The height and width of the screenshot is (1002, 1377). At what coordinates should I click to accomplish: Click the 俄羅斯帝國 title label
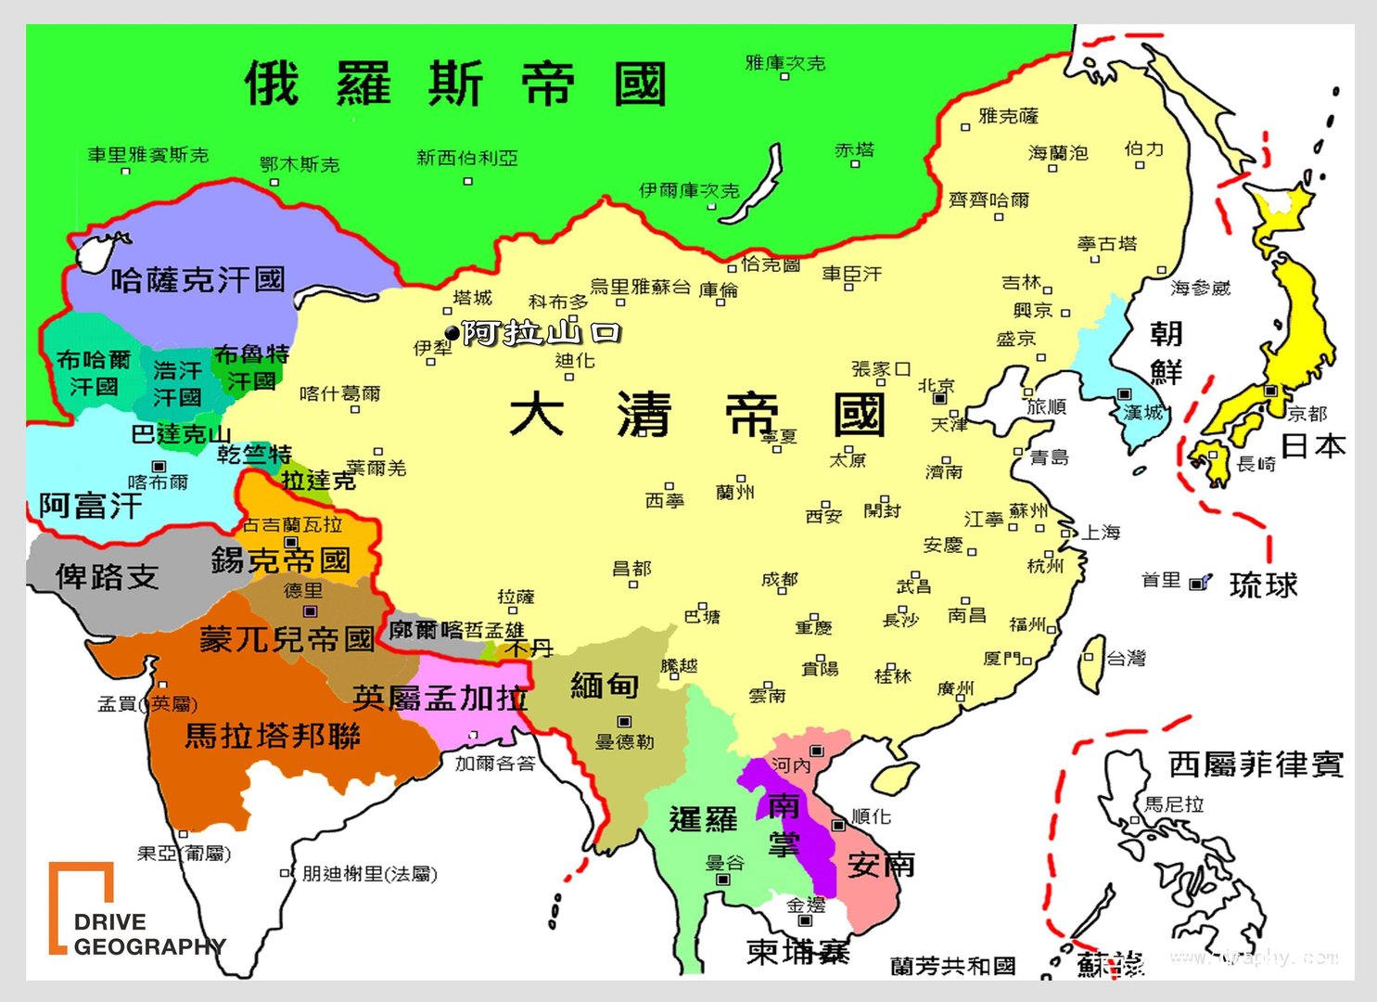455,83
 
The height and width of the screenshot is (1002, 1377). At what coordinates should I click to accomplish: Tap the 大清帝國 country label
696,414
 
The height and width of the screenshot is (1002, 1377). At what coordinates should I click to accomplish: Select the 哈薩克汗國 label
198,279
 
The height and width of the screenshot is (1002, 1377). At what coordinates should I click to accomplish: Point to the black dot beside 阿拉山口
452,332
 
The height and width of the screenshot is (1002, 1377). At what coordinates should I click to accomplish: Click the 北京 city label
937,385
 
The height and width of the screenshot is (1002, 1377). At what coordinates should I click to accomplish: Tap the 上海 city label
1101,532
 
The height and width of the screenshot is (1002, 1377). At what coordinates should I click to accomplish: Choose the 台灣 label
1127,658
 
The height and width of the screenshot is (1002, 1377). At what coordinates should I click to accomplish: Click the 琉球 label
1263,584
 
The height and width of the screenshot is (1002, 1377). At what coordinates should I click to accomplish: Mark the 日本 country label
1313,446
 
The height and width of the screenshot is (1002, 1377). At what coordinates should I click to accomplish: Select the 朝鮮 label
1166,353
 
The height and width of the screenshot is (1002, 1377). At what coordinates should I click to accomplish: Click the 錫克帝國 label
280,560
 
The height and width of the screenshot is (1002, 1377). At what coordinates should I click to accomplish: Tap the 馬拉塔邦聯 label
273,736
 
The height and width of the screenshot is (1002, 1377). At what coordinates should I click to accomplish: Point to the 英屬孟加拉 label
440,697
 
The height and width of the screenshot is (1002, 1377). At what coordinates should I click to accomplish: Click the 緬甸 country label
604,685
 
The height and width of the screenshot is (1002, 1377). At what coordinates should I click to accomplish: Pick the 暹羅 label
703,819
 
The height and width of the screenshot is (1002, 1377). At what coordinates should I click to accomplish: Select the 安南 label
881,864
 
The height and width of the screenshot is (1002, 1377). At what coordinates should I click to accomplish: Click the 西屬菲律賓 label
1256,764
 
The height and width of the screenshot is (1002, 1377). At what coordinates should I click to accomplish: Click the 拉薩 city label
516,597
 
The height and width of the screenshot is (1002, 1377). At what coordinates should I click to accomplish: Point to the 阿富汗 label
90,506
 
